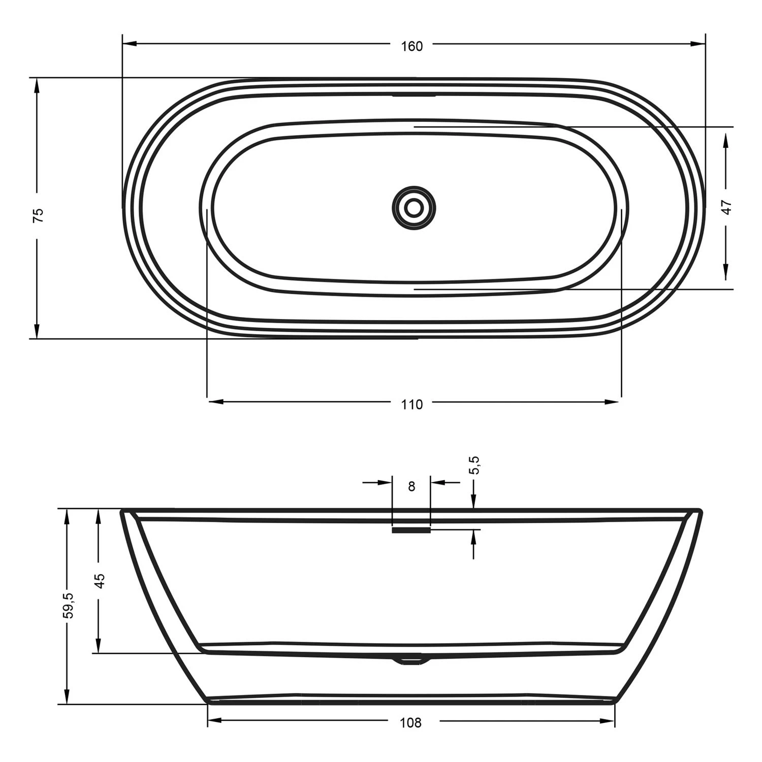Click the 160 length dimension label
(411, 46)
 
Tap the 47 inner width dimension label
(726, 207)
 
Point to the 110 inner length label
(411, 405)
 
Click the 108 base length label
(410, 722)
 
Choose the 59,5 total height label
(68, 606)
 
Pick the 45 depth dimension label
(100, 581)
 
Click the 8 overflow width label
(411, 487)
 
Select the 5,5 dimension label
(474, 465)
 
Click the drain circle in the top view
(414, 207)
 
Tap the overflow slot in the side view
(411, 530)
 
